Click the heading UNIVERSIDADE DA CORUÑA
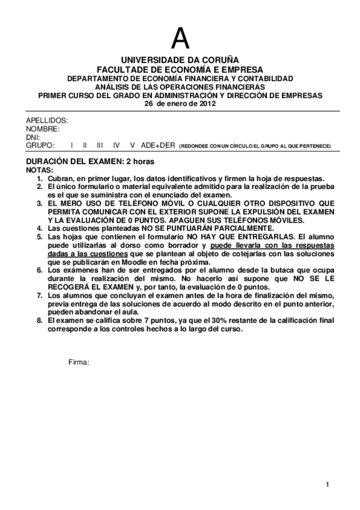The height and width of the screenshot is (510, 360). pos(180,61)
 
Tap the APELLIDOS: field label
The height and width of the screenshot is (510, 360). pos(47,120)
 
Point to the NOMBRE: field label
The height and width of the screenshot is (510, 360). pos(43,129)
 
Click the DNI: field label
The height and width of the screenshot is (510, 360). pos(33,137)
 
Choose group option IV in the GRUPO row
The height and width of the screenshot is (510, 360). pos(117,146)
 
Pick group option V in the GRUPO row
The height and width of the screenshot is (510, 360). pos(132,146)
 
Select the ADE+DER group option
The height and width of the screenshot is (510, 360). pos(157,146)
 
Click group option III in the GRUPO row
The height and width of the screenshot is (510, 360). pos(100,146)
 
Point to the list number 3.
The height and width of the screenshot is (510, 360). pos(40,204)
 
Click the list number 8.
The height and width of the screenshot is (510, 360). pos(40,322)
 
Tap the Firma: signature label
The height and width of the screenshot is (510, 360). pos(79,362)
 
